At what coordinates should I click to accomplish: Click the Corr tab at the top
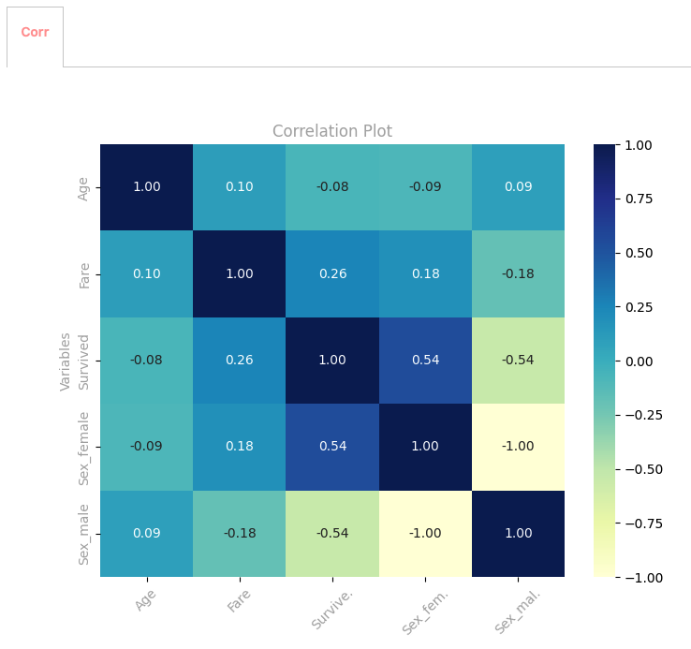35,33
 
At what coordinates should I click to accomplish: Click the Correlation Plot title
332,131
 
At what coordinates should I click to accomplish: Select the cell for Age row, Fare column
239,186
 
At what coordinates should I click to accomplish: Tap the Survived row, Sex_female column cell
425,361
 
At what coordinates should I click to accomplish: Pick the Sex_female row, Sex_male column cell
518,447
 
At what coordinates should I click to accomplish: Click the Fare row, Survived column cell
332,273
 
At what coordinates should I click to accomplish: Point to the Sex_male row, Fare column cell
239,534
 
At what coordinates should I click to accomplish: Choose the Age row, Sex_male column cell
518,186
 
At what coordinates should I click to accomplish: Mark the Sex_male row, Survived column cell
332,534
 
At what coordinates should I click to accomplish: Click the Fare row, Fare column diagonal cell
239,273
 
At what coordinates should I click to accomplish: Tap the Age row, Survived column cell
332,186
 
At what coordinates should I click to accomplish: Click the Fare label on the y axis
84,275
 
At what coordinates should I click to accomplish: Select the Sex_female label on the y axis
84,448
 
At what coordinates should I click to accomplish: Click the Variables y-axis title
66,361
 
